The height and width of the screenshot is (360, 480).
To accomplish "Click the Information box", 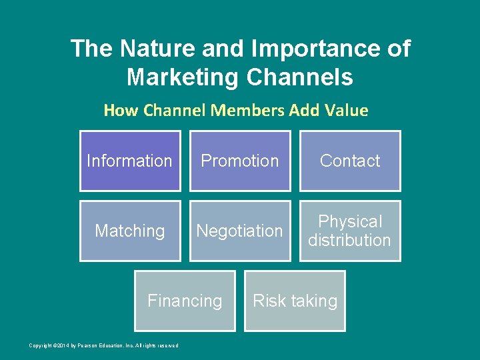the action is [x=130, y=161].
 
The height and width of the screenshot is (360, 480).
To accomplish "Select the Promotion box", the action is [x=240, y=161].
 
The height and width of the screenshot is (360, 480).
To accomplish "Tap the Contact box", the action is [x=350, y=161].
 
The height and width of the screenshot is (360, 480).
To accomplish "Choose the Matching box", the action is [x=130, y=231].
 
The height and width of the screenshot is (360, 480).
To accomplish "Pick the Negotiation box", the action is [x=240, y=231].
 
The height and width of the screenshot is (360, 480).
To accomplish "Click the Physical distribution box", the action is [x=350, y=231].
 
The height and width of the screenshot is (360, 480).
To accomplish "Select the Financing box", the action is [x=185, y=301].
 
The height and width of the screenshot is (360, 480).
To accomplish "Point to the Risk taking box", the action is [x=295, y=301].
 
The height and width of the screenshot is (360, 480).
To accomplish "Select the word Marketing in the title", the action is [x=183, y=77].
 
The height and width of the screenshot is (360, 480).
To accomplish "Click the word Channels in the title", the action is [x=299, y=77].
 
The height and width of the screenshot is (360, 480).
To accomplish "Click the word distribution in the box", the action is [x=349, y=240].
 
